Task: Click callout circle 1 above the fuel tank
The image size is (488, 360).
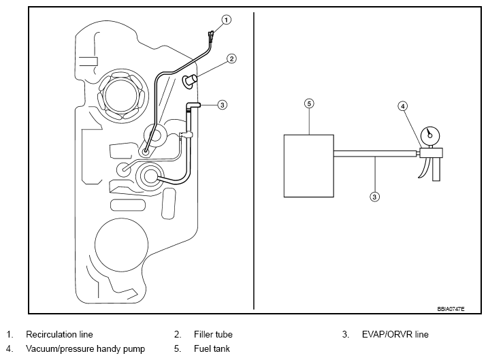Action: point(226,20)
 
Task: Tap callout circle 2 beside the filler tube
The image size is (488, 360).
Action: point(231,59)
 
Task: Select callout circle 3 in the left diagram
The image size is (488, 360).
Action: point(222,105)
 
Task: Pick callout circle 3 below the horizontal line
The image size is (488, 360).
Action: point(374,197)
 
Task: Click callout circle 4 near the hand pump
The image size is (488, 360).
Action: point(403,106)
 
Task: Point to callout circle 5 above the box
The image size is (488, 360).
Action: point(309,103)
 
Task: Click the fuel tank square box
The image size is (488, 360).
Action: point(309,166)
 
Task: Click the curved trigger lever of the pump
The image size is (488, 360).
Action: point(424,168)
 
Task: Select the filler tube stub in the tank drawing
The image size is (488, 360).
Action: point(189,81)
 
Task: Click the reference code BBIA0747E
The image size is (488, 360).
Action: point(451,309)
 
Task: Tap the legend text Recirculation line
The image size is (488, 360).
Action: point(59,335)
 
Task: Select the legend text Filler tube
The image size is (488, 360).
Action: point(213,335)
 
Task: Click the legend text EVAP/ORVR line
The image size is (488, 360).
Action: point(395,335)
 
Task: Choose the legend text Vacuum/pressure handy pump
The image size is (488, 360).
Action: point(85,349)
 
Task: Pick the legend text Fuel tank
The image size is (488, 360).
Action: point(212,348)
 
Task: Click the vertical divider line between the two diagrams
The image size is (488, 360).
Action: point(254,161)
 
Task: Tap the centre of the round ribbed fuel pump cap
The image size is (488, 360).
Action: point(121,95)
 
